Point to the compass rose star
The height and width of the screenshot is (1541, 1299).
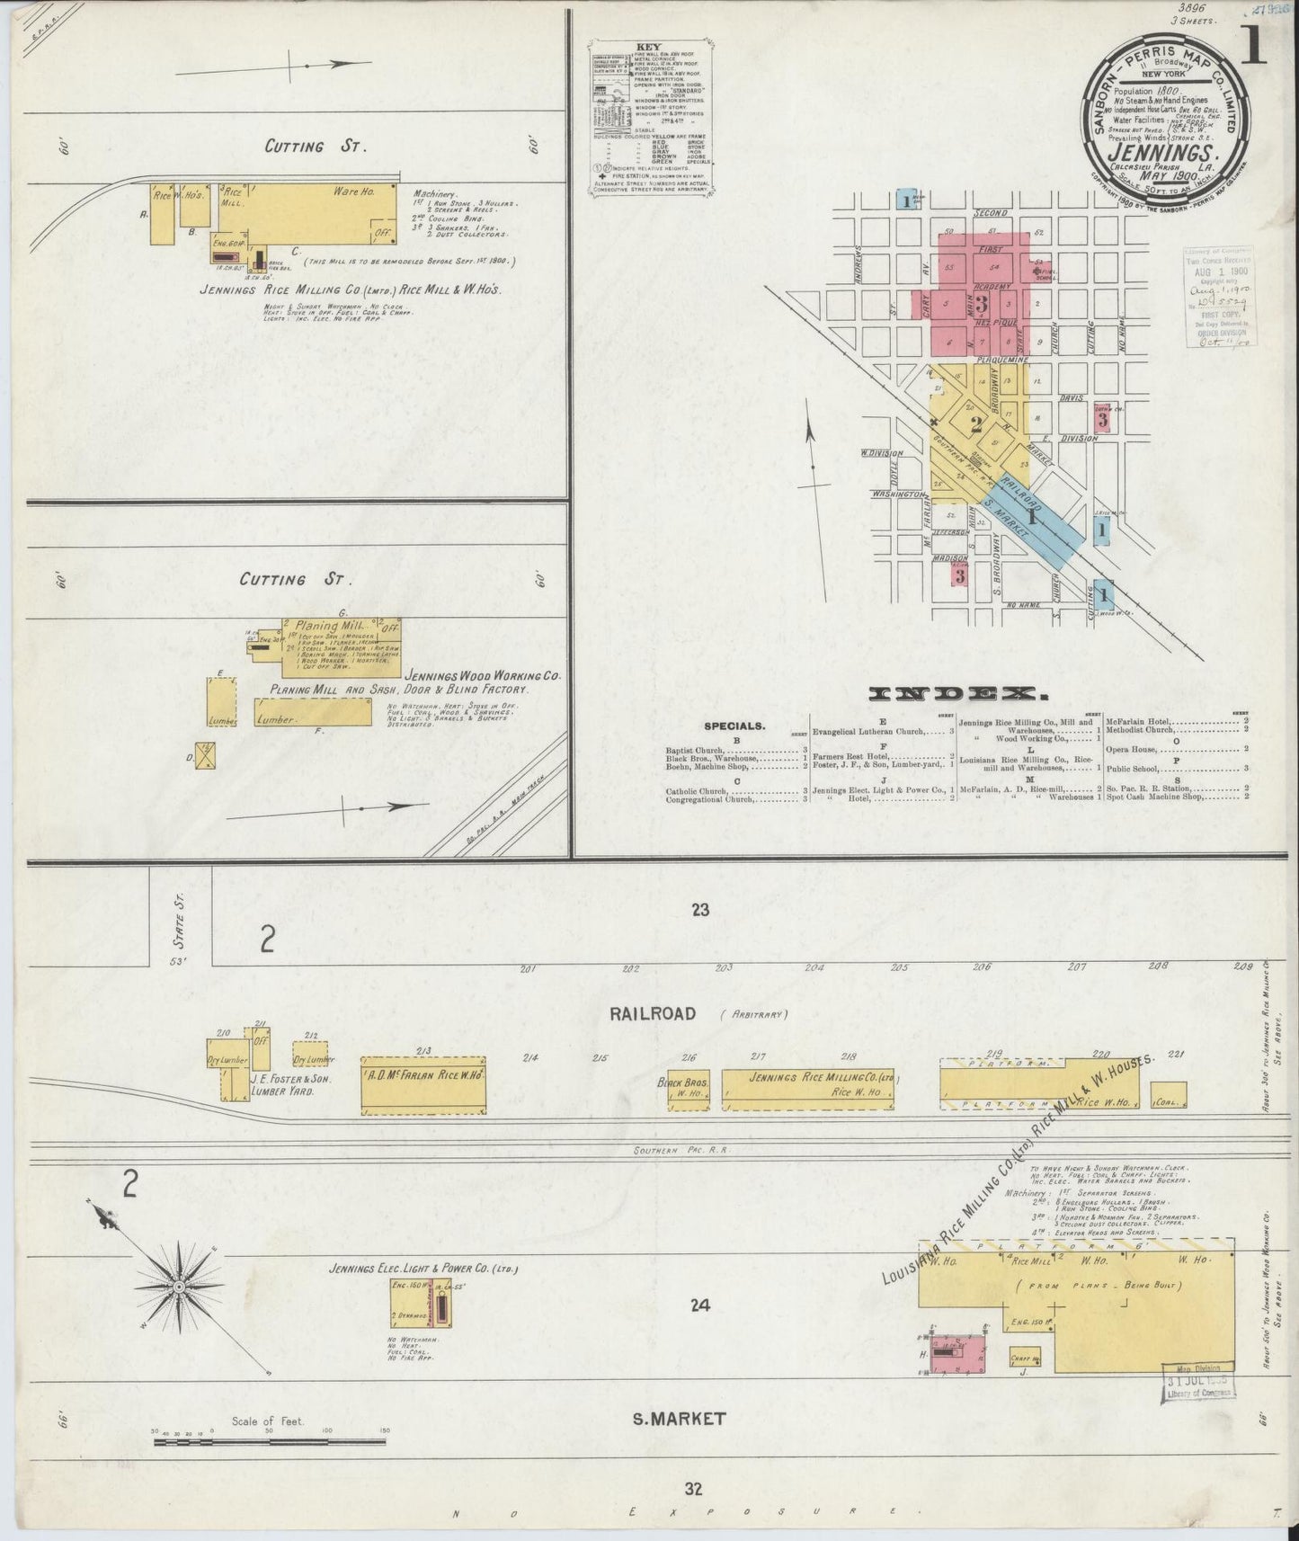click(179, 1287)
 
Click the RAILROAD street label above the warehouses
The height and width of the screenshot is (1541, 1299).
click(652, 1013)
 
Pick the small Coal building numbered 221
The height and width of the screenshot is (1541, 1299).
click(1168, 1094)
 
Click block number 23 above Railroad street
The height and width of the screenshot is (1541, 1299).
click(701, 910)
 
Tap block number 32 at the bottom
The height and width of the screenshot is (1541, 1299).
click(692, 1489)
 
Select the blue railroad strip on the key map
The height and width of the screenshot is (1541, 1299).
click(1034, 516)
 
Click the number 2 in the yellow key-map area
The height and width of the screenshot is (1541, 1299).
click(975, 423)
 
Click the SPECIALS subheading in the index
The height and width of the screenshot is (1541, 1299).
click(734, 725)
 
